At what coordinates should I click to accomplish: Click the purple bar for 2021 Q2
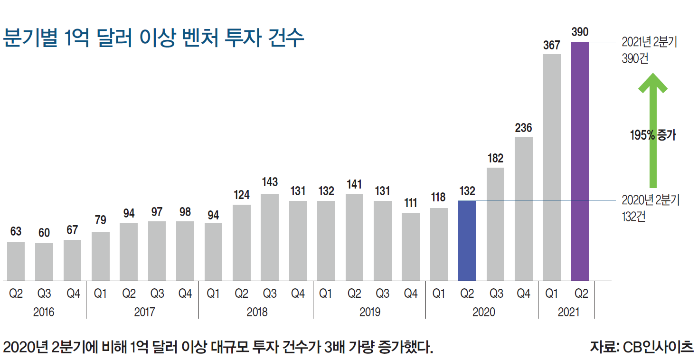(x=580, y=161)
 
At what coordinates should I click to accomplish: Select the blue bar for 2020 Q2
(x=467, y=240)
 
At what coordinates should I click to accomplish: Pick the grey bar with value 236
(x=523, y=208)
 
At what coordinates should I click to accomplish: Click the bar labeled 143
(x=270, y=237)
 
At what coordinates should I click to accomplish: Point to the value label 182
(x=495, y=159)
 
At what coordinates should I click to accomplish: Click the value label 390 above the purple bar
(x=580, y=32)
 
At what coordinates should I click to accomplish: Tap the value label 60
(x=44, y=233)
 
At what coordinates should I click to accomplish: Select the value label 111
(x=410, y=203)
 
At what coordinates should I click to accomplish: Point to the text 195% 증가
(x=652, y=135)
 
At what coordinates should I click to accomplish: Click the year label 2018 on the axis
(x=257, y=312)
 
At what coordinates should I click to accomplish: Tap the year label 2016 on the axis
(x=44, y=312)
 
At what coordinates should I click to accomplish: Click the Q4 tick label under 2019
(x=410, y=294)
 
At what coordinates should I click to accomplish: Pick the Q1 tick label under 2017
(x=101, y=294)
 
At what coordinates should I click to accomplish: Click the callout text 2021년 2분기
(x=650, y=42)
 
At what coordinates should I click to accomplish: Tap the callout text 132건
(x=633, y=217)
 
